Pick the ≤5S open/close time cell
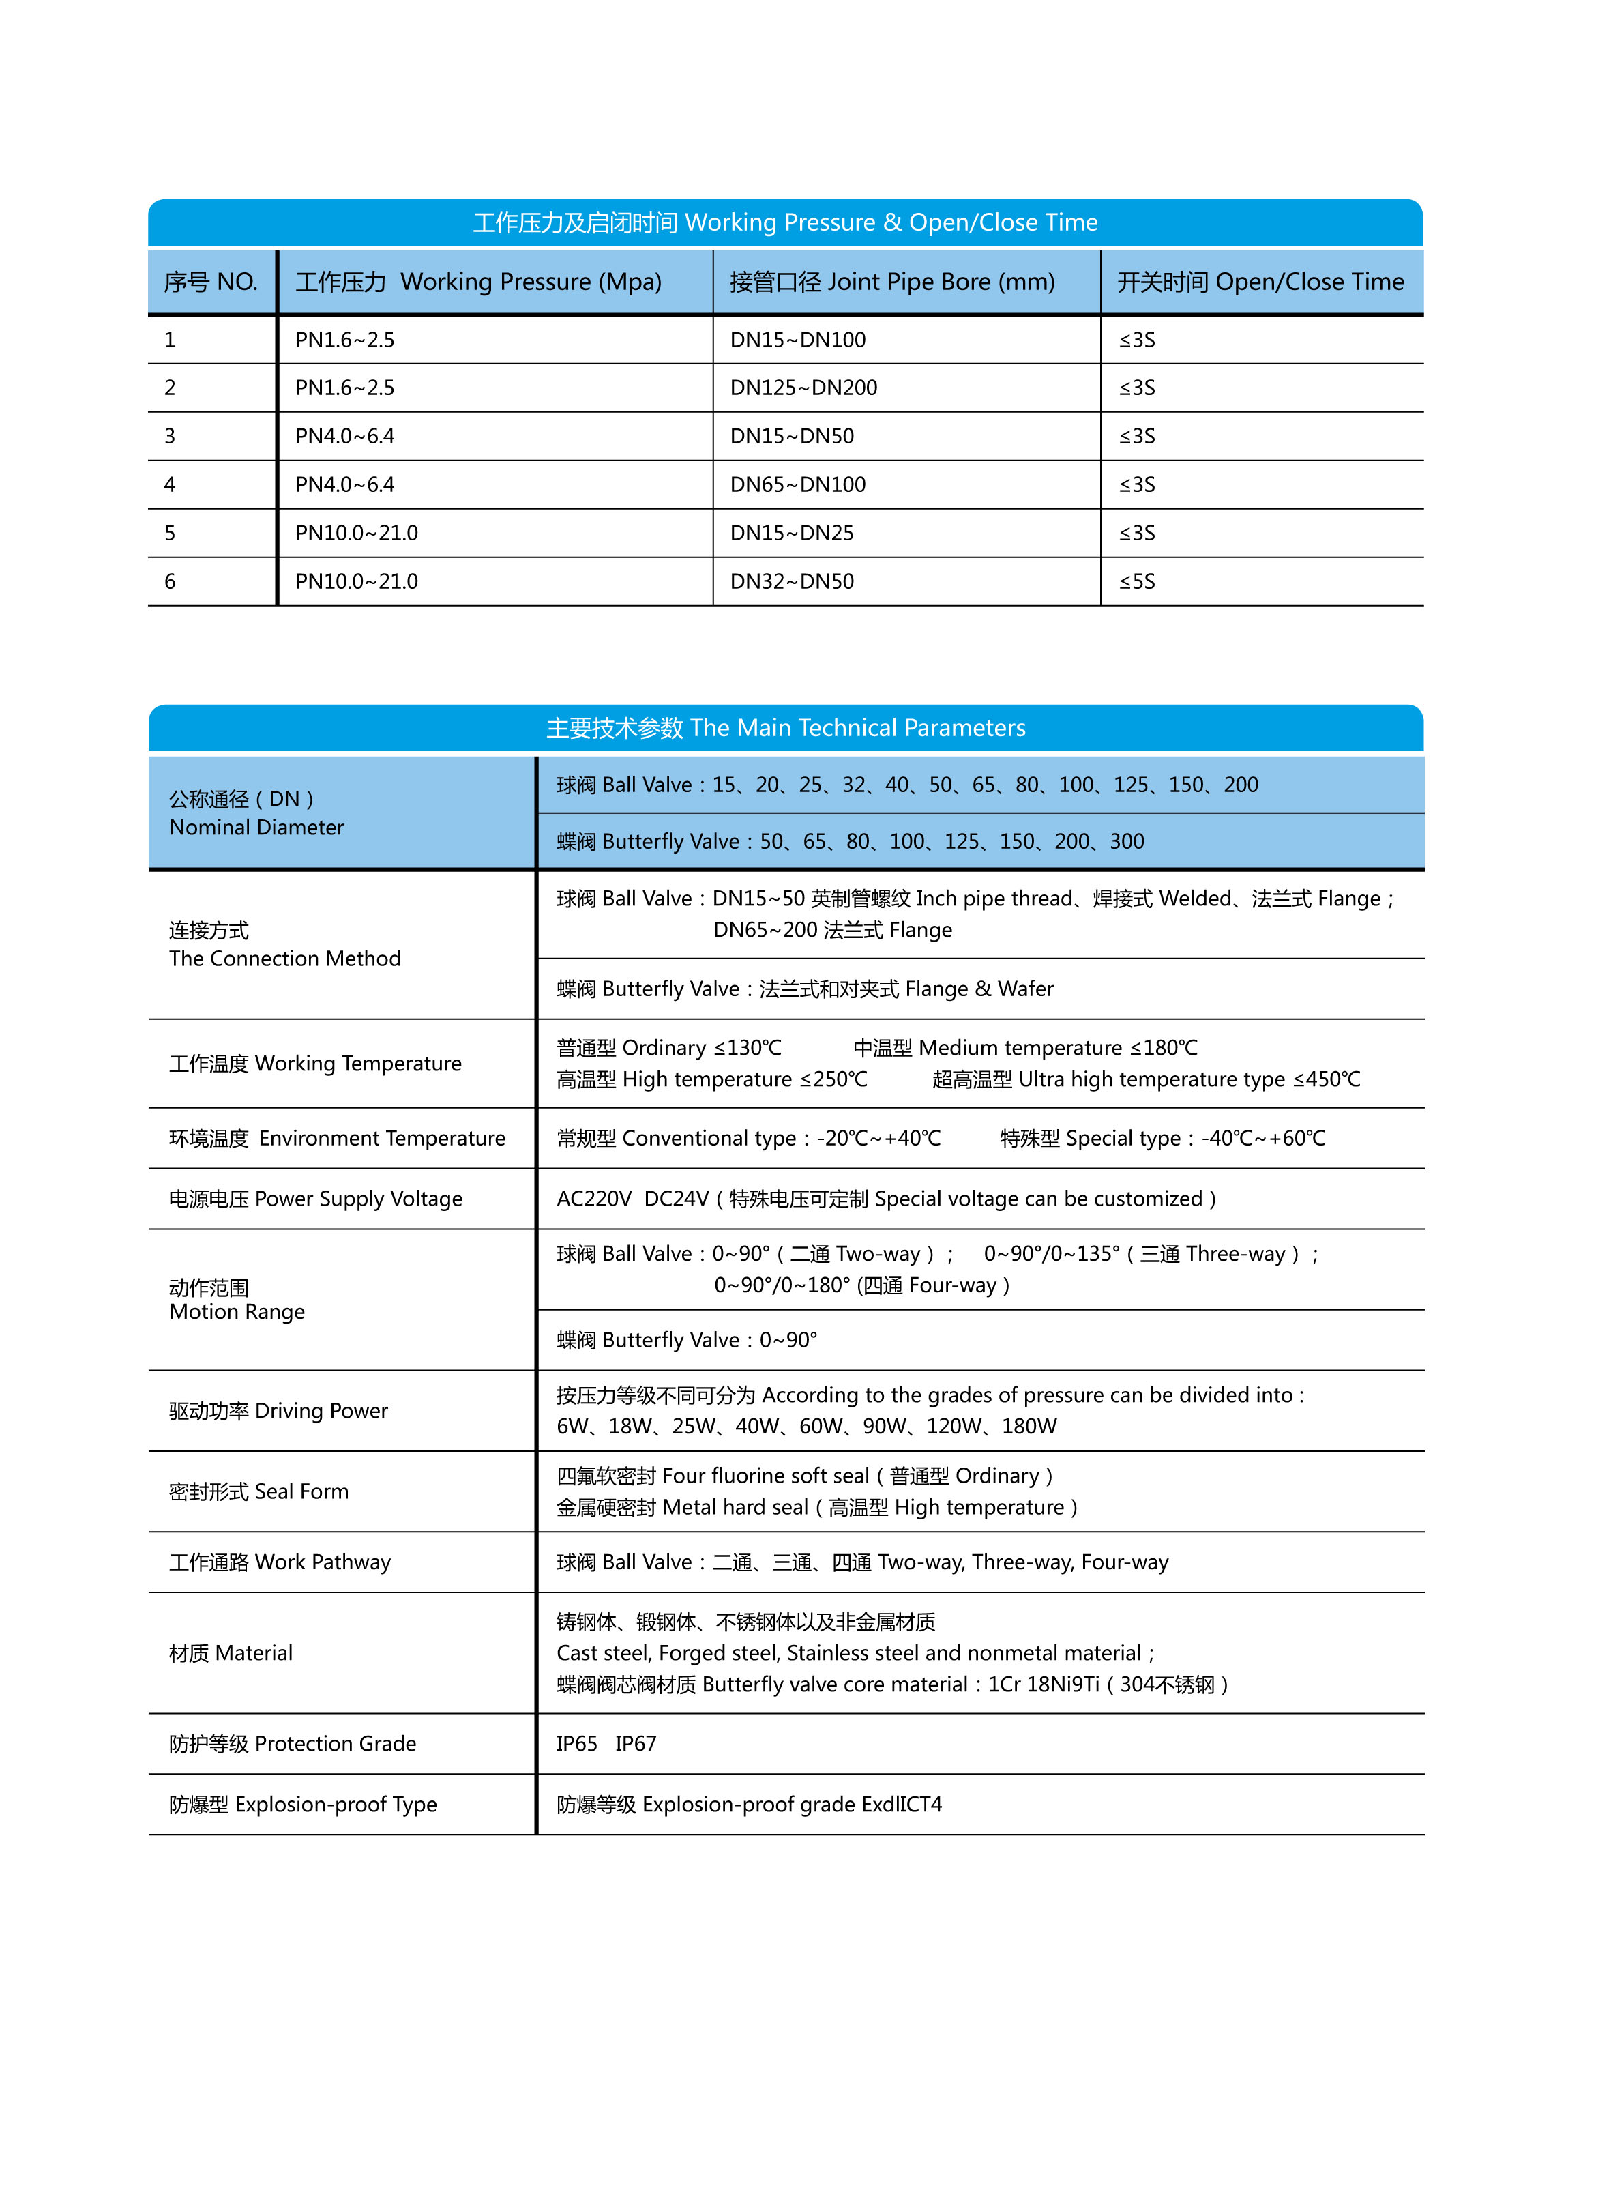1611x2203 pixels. click(x=1137, y=582)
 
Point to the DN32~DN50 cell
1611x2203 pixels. click(x=792, y=582)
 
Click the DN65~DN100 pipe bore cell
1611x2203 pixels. click(x=798, y=484)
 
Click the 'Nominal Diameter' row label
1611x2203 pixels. click(x=256, y=827)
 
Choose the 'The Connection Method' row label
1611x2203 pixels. click(x=284, y=959)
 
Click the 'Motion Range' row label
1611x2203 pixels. click(x=237, y=1312)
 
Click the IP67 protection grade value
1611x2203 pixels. click(x=636, y=1744)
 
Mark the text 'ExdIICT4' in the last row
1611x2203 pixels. click(x=902, y=1804)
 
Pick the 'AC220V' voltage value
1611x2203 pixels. click(x=594, y=1199)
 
